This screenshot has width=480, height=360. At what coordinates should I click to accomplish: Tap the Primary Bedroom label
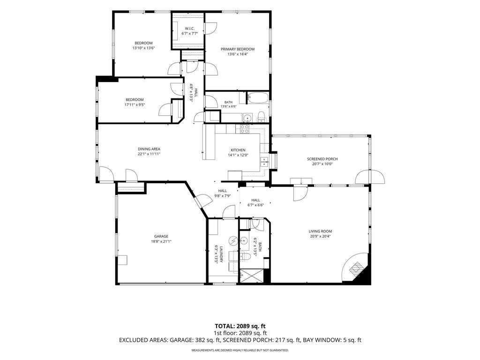click(x=238, y=49)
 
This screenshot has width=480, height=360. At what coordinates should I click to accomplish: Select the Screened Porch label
click(x=322, y=159)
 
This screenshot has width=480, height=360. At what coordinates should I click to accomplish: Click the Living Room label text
click(x=320, y=232)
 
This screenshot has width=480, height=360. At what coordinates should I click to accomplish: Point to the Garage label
click(x=161, y=236)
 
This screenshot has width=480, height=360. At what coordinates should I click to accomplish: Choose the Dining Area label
click(x=149, y=149)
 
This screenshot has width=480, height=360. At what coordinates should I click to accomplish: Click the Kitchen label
click(x=238, y=150)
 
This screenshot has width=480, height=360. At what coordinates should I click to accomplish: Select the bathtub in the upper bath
click(x=258, y=98)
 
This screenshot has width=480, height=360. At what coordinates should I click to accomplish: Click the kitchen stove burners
click(x=244, y=129)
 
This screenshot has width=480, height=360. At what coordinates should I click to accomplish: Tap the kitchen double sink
click(x=264, y=162)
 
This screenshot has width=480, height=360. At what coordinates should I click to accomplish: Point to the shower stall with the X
click(x=251, y=276)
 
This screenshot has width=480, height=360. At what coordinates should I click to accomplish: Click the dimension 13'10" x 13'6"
click(x=143, y=48)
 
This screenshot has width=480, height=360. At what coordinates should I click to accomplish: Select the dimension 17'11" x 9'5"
click(x=135, y=105)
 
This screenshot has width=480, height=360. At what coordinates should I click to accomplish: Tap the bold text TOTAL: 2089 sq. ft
click(x=238, y=326)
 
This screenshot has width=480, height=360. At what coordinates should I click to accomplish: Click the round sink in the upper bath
click(x=247, y=118)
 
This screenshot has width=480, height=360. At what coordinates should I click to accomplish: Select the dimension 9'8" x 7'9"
click(x=222, y=196)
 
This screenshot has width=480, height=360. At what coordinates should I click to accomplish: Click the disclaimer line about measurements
click(x=240, y=350)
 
